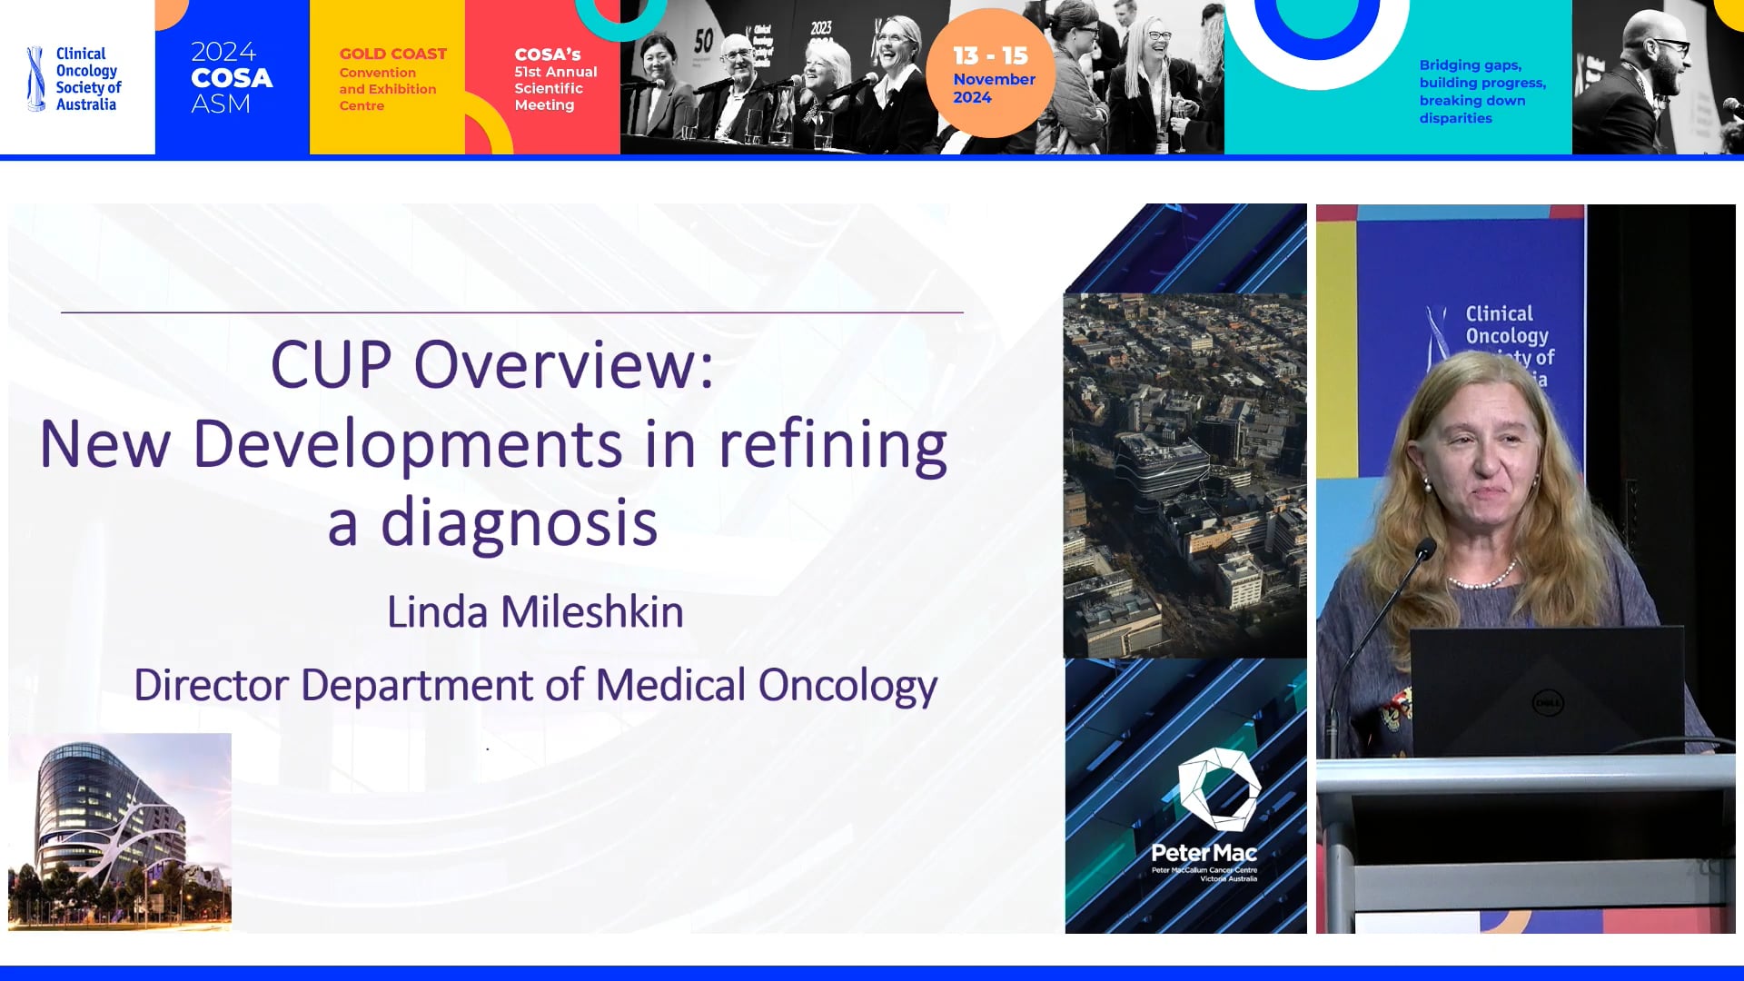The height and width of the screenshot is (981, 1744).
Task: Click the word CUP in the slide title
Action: (x=331, y=365)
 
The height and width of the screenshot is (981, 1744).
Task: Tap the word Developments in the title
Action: (x=407, y=445)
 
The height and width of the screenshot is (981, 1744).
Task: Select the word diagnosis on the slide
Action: (x=519, y=524)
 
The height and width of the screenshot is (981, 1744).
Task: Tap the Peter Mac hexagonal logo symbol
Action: (x=1218, y=789)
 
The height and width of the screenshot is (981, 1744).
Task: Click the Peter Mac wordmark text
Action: (x=1204, y=853)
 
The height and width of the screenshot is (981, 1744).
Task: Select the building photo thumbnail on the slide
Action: (x=120, y=831)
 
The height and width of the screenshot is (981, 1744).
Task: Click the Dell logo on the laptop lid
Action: (x=1547, y=702)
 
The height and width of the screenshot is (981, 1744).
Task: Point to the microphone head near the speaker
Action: (x=1425, y=549)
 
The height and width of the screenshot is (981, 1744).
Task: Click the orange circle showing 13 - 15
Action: (x=990, y=74)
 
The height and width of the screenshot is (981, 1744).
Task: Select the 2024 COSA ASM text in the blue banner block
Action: (x=231, y=77)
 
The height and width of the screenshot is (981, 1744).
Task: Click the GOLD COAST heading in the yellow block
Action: (x=392, y=54)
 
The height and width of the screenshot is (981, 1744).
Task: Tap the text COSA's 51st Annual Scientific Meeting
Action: (x=554, y=79)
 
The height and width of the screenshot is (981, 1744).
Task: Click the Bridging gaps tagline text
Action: (x=1481, y=91)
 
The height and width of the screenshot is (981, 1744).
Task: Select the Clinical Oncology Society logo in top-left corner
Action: (x=74, y=79)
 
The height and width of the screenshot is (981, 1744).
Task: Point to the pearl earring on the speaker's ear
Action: (x=1427, y=487)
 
